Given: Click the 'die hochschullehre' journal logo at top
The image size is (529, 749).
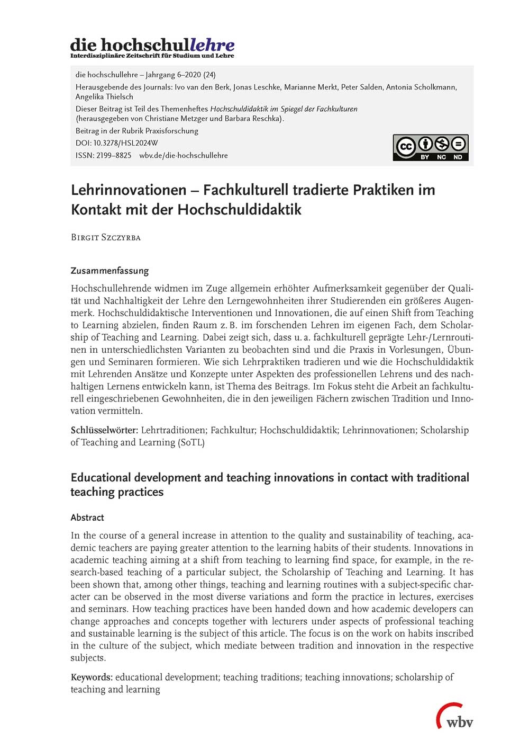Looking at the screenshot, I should (x=152, y=47).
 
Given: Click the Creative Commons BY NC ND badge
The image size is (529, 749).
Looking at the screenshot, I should (x=430, y=147).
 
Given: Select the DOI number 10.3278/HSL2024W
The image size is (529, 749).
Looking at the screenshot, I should (x=125, y=143).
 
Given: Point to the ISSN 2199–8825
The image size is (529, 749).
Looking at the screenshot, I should (x=114, y=155).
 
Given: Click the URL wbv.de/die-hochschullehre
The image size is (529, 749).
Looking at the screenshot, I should (x=184, y=155).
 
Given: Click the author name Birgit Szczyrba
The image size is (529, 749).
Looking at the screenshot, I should (x=106, y=237).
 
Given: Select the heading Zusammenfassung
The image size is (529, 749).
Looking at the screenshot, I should (x=110, y=271).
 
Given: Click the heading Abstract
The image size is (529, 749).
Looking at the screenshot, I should (x=87, y=518).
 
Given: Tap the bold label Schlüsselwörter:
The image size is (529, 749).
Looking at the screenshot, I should (x=104, y=430).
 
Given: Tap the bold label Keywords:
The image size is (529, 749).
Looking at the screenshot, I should (x=92, y=677).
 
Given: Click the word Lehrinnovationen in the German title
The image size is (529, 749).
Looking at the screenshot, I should (x=129, y=190).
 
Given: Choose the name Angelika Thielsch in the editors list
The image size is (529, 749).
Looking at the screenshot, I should (x=104, y=96).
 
